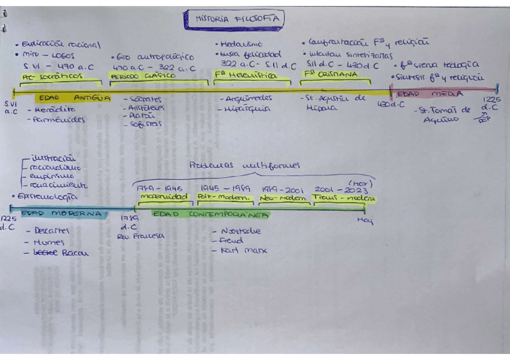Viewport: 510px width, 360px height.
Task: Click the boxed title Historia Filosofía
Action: click(x=236, y=19)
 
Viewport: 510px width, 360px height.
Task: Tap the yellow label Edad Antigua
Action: click(x=73, y=97)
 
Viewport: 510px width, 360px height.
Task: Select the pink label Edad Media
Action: click(x=430, y=94)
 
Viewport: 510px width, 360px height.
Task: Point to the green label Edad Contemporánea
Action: click(x=210, y=213)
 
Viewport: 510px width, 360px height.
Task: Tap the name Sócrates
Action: click(x=144, y=98)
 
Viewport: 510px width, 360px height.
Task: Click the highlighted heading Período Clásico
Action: click(x=143, y=76)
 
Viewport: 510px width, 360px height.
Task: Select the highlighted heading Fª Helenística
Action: click(x=245, y=76)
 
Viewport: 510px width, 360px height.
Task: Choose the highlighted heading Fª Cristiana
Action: click(x=330, y=75)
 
